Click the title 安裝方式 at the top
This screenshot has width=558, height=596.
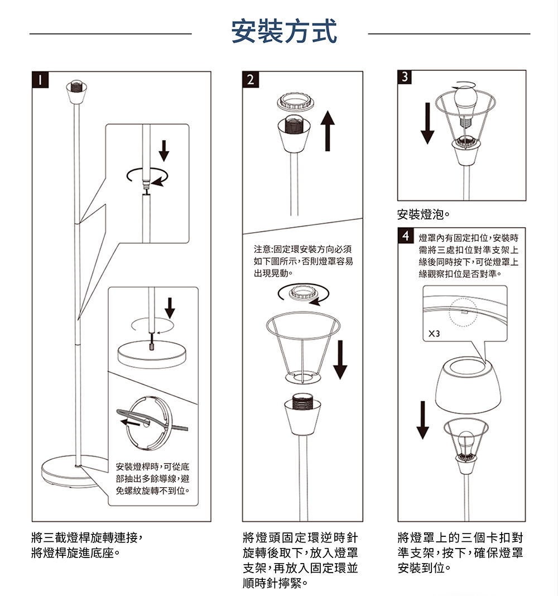pyautogui.click(x=284, y=31)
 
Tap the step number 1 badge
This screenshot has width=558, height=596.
pyautogui.click(x=39, y=79)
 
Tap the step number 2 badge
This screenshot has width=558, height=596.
pyautogui.click(x=250, y=79)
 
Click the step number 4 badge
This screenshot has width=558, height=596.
pyautogui.click(x=405, y=234)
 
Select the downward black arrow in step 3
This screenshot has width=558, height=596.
pyautogui.click(x=427, y=123)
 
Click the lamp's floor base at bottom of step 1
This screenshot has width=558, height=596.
pyautogui.click(x=74, y=474)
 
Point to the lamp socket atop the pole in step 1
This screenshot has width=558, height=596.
pyautogui.click(x=76, y=93)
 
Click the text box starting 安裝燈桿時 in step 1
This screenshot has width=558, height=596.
pyautogui.click(x=153, y=478)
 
